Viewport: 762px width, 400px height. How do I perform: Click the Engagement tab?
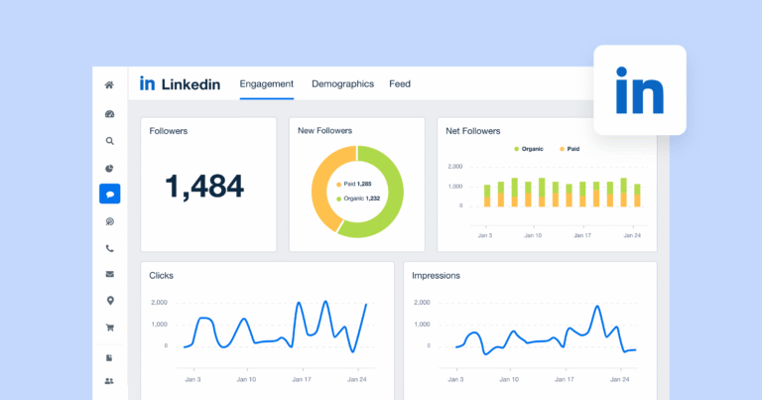pyautogui.click(x=267, y=84)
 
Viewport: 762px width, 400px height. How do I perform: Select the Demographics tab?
pyautogui.click(x=342, y=84)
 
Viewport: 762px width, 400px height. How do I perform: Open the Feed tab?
pyautogui.click(x=400, y=84)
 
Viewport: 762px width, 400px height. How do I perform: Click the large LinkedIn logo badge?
pyautogui.click(x=640, y=90)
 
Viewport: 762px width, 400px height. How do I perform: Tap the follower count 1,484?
pyautogui.click(x=204, y=185)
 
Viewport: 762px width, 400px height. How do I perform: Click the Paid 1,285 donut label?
pyautogui.click(x=354, y=184)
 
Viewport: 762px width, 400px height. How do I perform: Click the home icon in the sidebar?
pyautogui.click(x=109, y=85)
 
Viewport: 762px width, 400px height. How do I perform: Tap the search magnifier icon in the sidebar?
pyautogui.click(x=109, y=141)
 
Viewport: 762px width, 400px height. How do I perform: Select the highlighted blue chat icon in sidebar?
pyautogui.click(x=109, y=195)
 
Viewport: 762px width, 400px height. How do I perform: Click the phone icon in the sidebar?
pyautogui.click(x=109, y=248)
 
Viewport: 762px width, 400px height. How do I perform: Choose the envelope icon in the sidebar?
pyautogui.click(x=109, y=274)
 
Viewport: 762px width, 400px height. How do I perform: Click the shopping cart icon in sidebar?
pyautogui.click(x=109, y=328)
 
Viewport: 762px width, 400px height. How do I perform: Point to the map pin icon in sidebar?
pyautogui.click(x=109, y=301)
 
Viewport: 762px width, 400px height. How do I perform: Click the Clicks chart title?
pyautogui.click(x=162, y=275)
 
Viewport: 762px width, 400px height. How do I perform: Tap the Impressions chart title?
pyautogui.click(x=436, y=275)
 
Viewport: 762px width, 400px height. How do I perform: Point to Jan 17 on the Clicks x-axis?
pyautogui.click(x=300, y=379)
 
